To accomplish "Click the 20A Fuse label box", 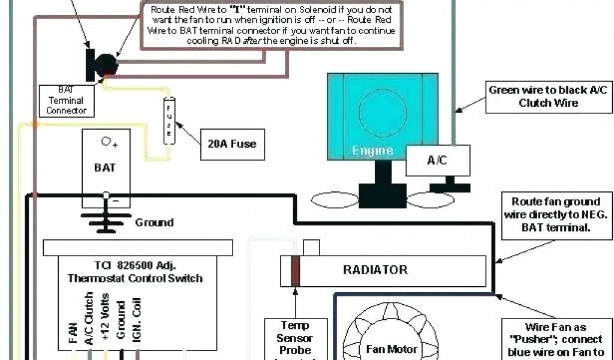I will [232, 143].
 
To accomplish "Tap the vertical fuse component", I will [169, 120].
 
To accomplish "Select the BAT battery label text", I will [104, 167].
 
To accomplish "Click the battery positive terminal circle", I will [106, 142].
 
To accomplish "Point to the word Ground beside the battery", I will [154, 223].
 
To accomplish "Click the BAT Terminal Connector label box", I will [66, 100].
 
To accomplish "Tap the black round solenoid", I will [107, 65].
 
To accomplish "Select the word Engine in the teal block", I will [372, 151].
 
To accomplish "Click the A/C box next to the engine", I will [438, 160].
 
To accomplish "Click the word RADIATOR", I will [375, 270].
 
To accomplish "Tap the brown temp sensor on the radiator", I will [295, 271].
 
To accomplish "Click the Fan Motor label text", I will [391, 349].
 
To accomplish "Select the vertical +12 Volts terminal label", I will [106, 318].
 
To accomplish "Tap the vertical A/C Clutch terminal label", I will [89, 318].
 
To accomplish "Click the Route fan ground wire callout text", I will [556, 215].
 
